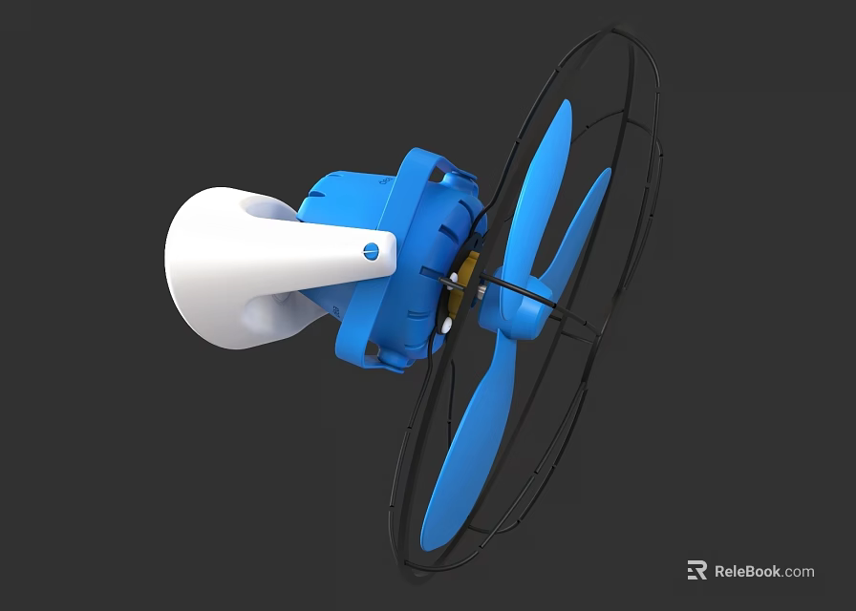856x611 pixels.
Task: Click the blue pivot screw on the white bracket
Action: tap(371, 251)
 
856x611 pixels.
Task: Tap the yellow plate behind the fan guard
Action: tap(467, 283)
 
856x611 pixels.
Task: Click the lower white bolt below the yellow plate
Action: tap(447, 326)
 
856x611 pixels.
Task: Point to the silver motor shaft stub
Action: tap(484, 284)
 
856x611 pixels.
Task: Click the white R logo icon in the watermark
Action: tap(696, 571)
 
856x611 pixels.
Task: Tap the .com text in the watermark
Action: tap(799, 572)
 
